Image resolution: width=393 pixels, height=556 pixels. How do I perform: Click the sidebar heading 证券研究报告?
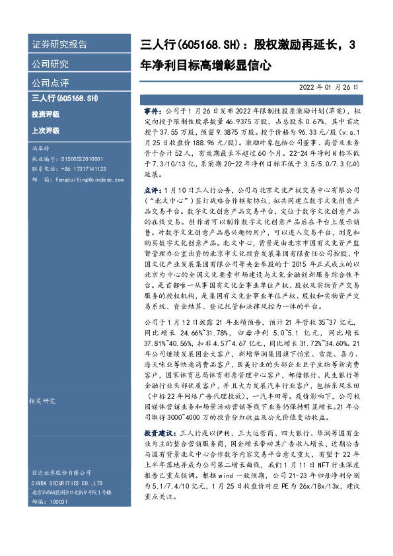59,45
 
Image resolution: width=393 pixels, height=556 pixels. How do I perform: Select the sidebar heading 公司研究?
50,64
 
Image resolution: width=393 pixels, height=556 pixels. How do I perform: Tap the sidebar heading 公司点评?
50,83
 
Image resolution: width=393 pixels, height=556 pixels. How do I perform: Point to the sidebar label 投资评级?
45,114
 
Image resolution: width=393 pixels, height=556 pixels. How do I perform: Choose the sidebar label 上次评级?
45,130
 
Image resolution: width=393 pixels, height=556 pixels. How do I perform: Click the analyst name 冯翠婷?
41,149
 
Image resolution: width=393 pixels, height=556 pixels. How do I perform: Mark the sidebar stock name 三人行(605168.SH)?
65,98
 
